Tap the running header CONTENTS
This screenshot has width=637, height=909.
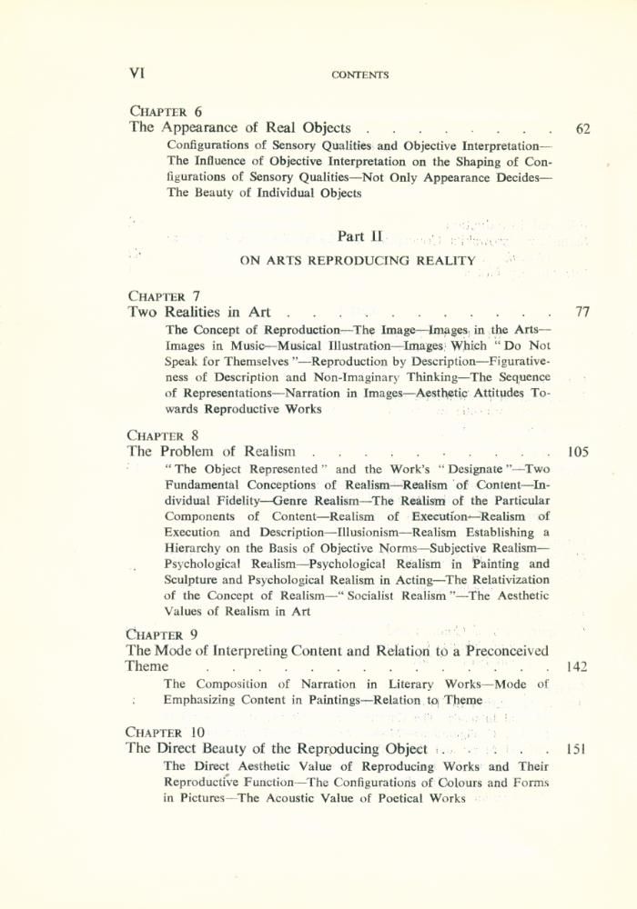pyautogui.click(x=361, y=75)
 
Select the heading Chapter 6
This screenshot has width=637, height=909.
pyautogui.click(x=165, y=112)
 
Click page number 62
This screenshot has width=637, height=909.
pyautogui.click(x=583, y=129)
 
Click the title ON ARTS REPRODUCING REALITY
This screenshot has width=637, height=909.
pyautogui.click(x=357, y=261)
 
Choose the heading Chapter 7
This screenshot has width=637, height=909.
pyautogui.click(x=165, y=296)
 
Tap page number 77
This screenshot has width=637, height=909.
pyautogui.click(x=583, y=313)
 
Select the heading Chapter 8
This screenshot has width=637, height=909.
pyautogui.click(x=165, y=435)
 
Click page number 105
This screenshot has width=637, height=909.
pyautogui.click(x=580, y=451)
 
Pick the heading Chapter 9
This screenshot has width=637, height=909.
pyautogui.click(x=165, y=634)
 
